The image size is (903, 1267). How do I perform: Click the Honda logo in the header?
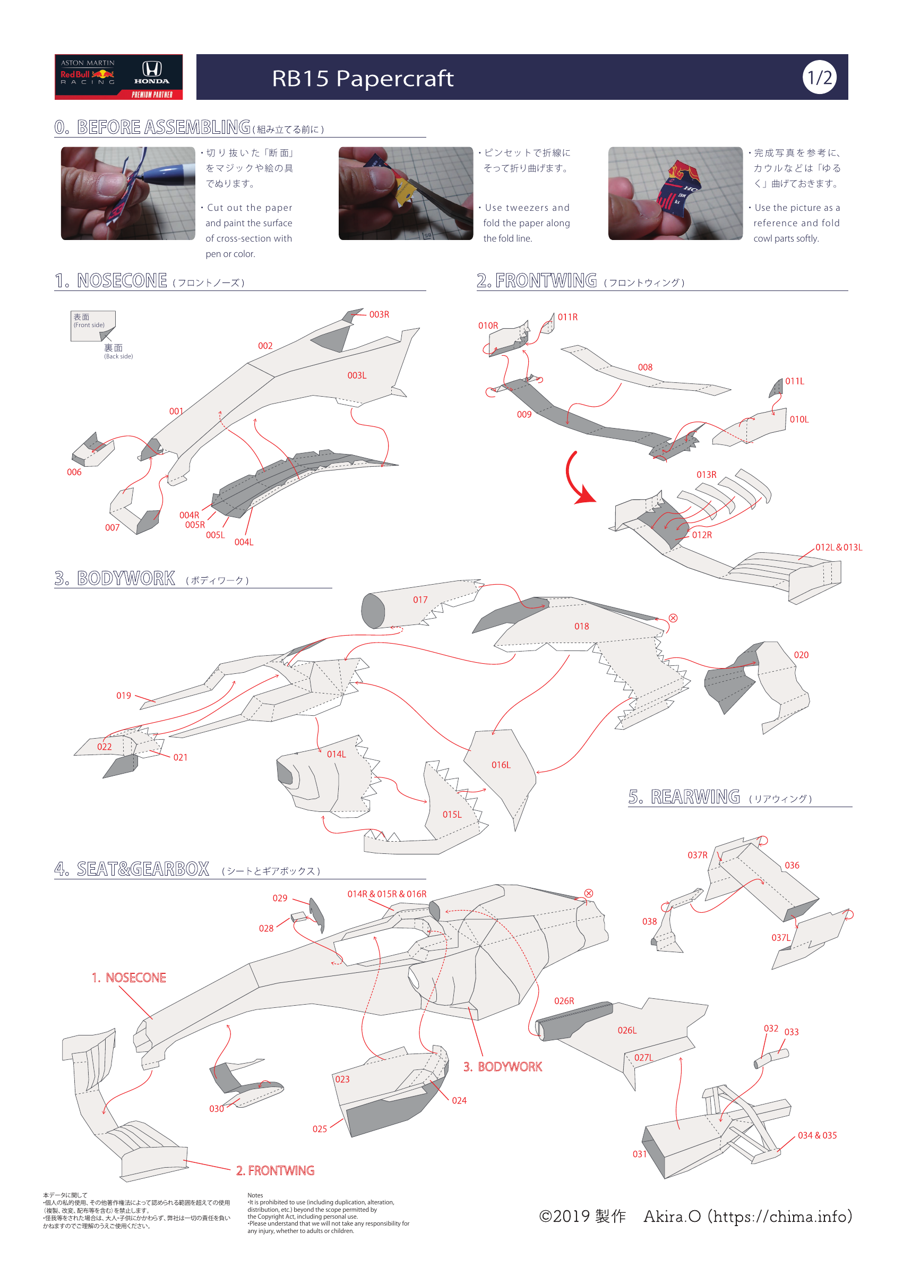click(151, 72)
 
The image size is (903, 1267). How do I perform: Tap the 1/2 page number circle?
click(819, 78)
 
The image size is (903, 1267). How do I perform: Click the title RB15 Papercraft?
click(363, 79)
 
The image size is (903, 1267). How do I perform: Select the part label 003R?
click(379, 315)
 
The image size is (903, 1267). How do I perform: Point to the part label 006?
click(74, 472)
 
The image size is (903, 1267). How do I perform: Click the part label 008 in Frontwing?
click(645, 367)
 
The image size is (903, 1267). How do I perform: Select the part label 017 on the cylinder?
click(420, 600)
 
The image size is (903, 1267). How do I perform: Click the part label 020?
click(801, 655)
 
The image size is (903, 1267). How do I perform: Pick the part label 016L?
click(501, 765)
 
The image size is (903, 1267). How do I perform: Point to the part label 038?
click(649, 922)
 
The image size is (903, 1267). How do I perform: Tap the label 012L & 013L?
click(839, 547)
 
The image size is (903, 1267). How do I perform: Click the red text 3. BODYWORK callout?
click(502, 1067)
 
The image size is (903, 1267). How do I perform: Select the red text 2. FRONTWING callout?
click(275, 1171)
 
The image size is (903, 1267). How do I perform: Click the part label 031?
click(640, 1154)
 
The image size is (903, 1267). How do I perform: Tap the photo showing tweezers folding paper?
click(406, 193)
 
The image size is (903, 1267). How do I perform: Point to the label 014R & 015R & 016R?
click(386, 894)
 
